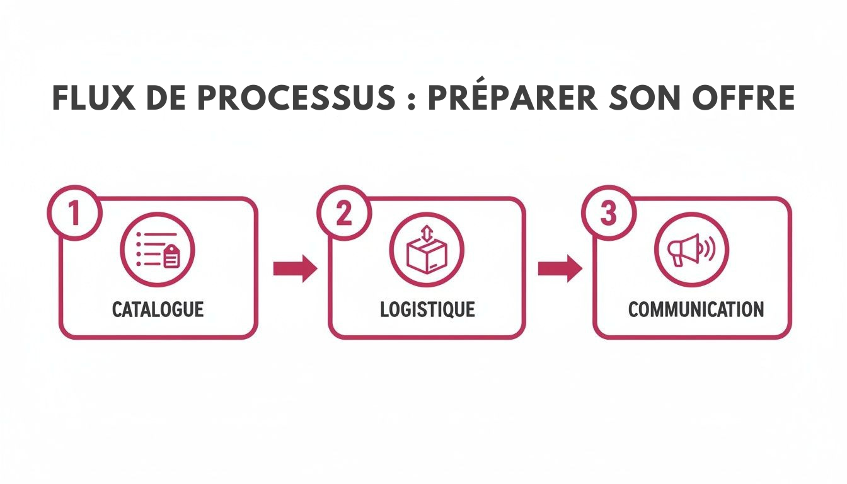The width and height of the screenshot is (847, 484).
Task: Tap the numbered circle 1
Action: click(x=74, y=213)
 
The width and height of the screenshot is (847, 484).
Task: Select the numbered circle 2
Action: click(x=344, y=213)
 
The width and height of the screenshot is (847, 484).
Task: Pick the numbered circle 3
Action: click(x=608, y=213)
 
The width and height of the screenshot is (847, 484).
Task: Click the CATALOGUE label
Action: click(x=158, y=309)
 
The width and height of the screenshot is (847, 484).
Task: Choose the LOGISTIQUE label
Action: click(x=427, y=309)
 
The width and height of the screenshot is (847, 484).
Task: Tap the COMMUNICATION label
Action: click(x=696, y=309)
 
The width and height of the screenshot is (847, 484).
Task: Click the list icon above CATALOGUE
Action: click(x=158, y=250)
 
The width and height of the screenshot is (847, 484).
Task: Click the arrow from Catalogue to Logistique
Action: click(x=294, y=268)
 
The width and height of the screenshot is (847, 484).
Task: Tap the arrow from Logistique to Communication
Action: click(x=560, y=268)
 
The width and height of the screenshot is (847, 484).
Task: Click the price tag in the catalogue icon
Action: click(x=171, y=257)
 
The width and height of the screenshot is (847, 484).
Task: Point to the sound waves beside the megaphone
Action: click(x=708, y=250)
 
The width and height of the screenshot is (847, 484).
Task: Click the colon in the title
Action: click(x=411, y=100)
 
